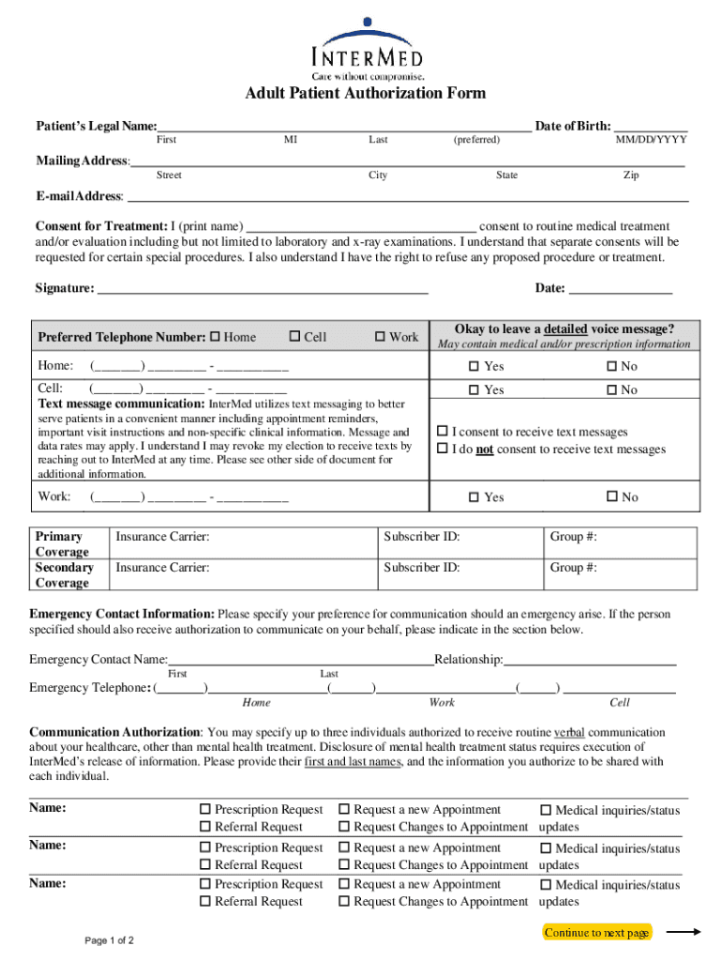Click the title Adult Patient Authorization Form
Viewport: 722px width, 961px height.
(x=366, y=93)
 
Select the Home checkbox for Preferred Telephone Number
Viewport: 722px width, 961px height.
(x=215, y=337)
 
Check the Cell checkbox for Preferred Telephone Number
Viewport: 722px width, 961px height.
(x=295, y=337)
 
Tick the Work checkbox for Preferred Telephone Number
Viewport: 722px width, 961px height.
(x=380, y=337)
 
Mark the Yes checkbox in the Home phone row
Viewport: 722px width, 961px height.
(x=474, y=367)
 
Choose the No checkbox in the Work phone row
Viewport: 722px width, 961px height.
(x=612, y=497)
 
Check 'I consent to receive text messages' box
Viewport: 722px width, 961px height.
(x=443, y=432)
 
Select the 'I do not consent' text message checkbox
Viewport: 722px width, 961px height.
(x=443, y=450)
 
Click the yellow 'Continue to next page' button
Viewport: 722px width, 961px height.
(x=596, y=933)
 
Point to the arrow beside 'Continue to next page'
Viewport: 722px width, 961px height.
(x=684, y=932)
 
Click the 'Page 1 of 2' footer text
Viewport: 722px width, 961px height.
(x=110, y=940)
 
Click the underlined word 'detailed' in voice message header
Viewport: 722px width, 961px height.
(x=565, y=329)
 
